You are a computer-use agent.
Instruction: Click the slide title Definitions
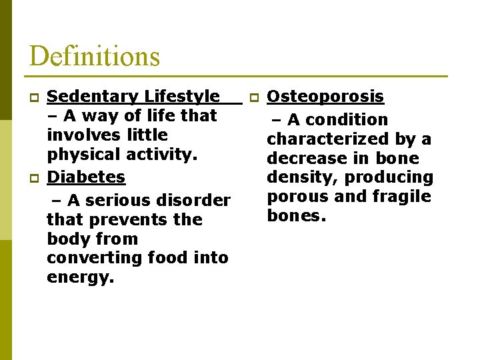(x=95, y=56)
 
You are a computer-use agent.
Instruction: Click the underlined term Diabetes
(x=86, y=177)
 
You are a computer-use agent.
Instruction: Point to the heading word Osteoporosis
(x=325, y=97)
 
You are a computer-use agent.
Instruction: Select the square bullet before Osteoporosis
(x=253, y=98)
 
